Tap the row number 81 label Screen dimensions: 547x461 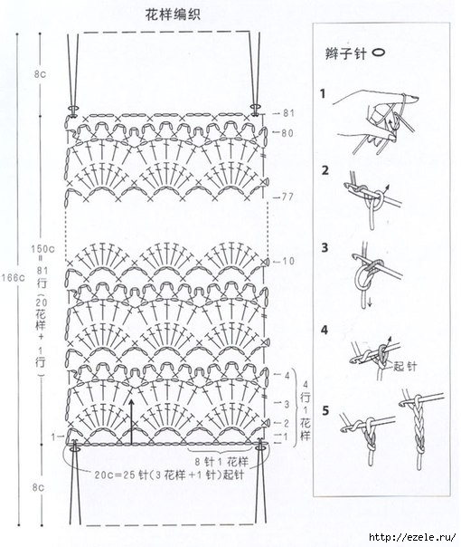[x=289, y=113]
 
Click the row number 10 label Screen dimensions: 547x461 [x=288, y=262]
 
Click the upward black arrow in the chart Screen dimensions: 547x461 [x=131, y=416]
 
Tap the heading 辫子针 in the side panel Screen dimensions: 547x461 [x=344, y=53]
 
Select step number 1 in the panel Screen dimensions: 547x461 [x=323, y=93]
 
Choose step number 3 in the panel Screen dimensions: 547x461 [x=324, y=247]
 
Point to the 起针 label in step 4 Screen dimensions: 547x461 [x=404, y=368]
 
